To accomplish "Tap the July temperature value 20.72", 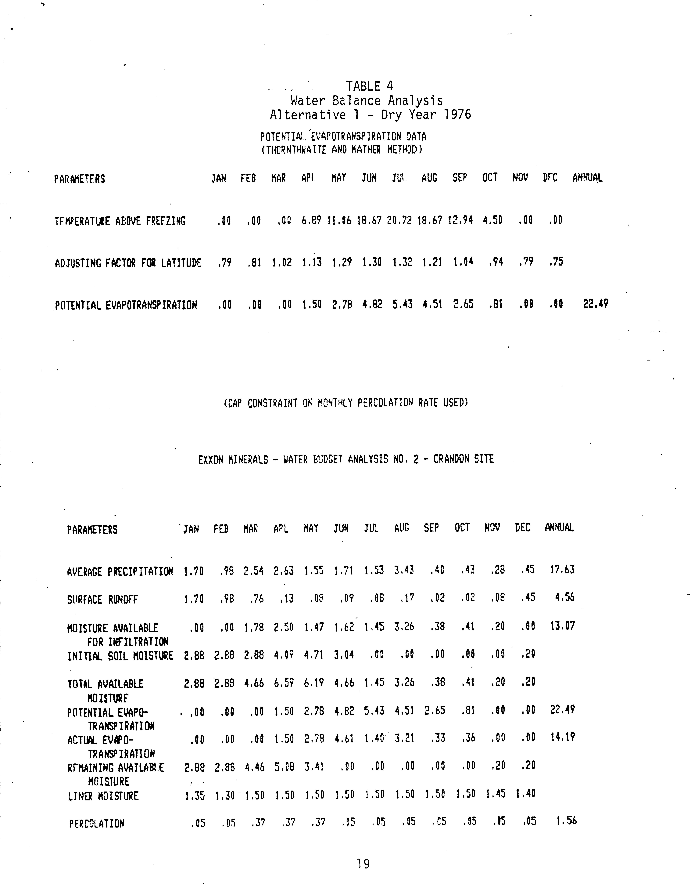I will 399,220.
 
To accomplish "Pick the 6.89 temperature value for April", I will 311,220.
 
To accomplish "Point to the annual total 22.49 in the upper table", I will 596,304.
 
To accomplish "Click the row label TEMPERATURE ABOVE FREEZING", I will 120,221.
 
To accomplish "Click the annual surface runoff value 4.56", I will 564,597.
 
